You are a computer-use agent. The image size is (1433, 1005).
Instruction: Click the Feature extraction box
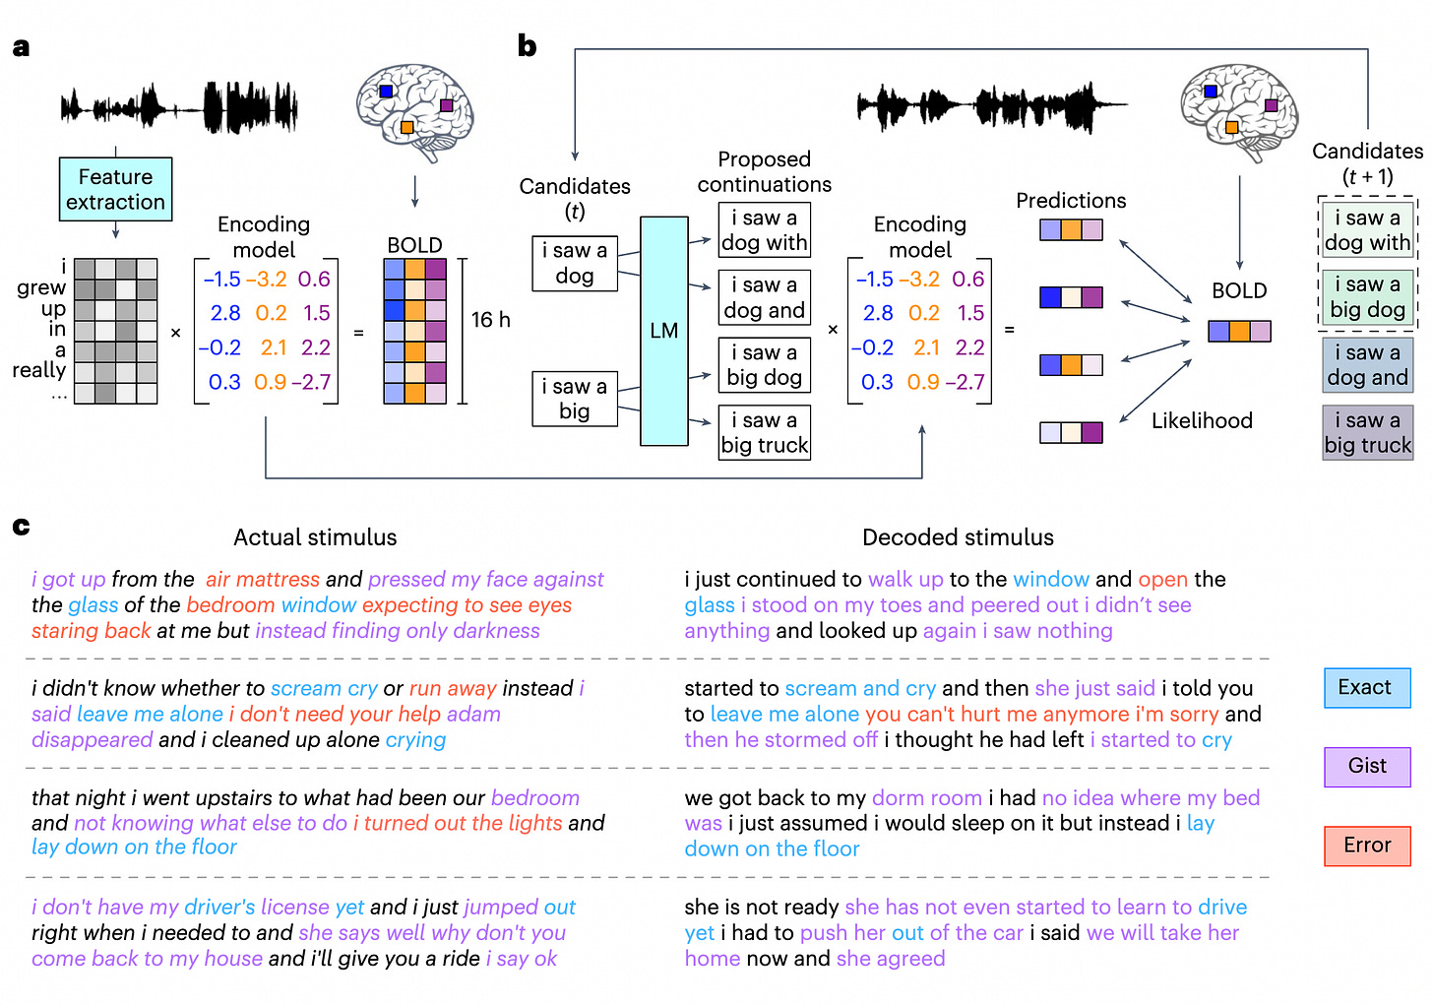(115, 189)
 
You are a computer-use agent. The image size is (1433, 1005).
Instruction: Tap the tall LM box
(664, 331)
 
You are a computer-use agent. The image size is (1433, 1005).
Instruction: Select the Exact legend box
(1366, 687)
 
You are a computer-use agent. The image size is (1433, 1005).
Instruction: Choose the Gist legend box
(1366, 766)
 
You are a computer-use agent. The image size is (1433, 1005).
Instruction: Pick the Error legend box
(1366, 845)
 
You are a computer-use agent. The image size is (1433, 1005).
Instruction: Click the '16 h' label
(490, 320)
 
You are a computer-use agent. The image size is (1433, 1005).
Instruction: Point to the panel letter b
(528, 46)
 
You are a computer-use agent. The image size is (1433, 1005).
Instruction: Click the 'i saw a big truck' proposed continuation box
(765, 433)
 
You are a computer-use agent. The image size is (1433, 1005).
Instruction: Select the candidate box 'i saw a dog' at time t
(575, 264)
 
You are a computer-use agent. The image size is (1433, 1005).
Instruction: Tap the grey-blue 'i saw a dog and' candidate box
(1367, 365)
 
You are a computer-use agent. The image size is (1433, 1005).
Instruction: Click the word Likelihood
(1202, 421)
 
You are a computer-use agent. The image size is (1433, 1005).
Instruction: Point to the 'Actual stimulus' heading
(315, 537)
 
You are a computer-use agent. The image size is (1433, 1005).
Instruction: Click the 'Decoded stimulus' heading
(958, 537)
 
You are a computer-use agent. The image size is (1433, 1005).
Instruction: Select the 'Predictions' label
(1071, 201)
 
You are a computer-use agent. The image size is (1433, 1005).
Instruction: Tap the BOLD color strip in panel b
(1239, 331)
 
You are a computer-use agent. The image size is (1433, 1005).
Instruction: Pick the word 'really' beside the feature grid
(39, 370)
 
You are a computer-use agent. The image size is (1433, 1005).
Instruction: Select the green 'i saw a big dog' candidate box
(1367, 297)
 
